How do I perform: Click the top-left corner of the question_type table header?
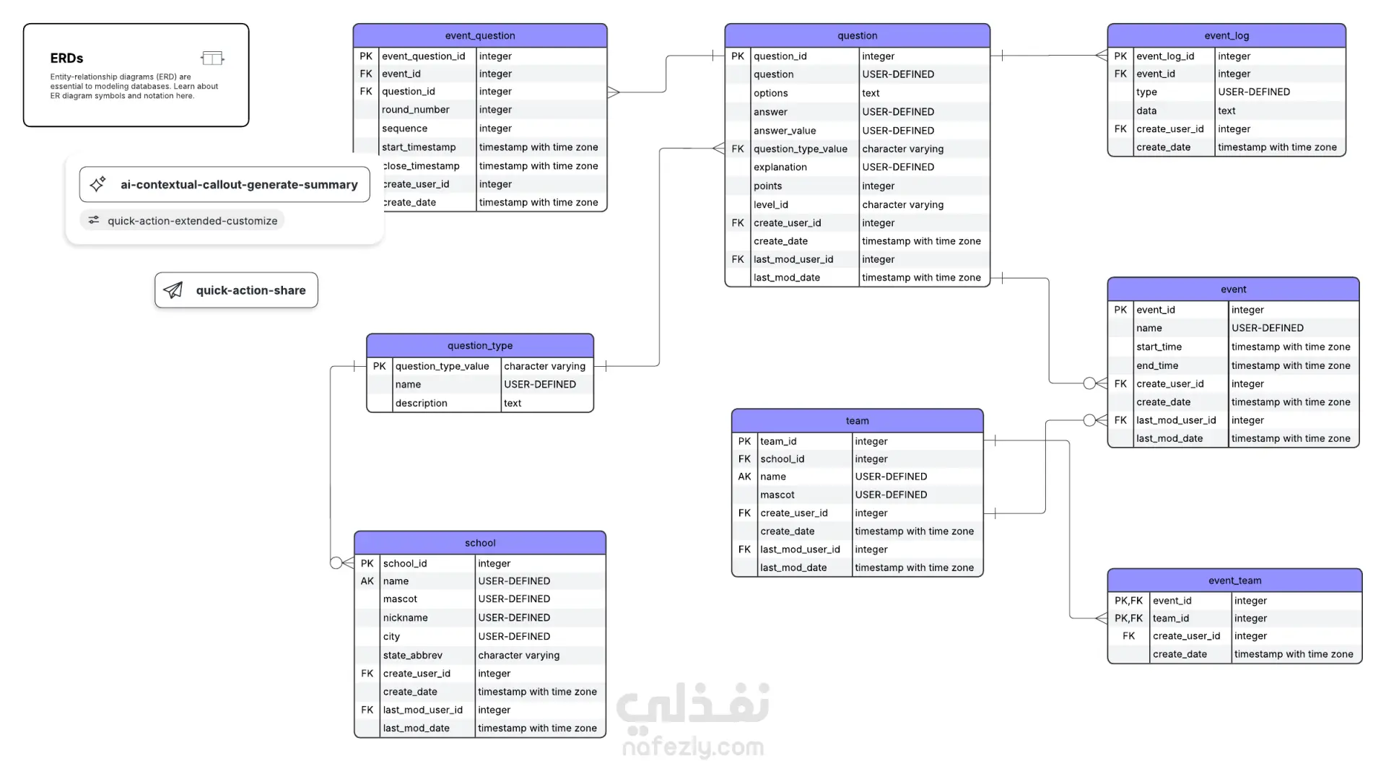pos(367,334)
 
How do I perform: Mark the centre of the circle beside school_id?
pos(336,562)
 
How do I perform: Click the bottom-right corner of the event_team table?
pos(1362,664)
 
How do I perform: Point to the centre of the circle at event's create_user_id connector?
pos(1089,383)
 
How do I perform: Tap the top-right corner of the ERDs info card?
pos(249,24)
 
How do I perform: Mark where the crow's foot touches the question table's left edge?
pos(725,149)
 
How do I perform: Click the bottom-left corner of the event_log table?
pos(1108,156)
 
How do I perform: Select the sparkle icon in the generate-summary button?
pos(98,184)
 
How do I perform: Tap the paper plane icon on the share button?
pos(173,290)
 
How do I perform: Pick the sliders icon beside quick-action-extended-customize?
pos(94,220)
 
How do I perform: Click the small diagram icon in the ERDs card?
pos(212,58)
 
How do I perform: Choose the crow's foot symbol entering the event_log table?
pos(1102,56)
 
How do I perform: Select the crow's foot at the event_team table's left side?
pos(1102,618)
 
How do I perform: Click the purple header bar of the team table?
pos(858,421)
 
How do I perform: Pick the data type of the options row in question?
pos(871,93)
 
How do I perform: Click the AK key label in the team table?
pos(744,477)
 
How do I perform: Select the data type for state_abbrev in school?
pos(518,655)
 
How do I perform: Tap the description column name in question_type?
pos(421,403)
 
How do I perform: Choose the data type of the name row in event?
pos(1268,328)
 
